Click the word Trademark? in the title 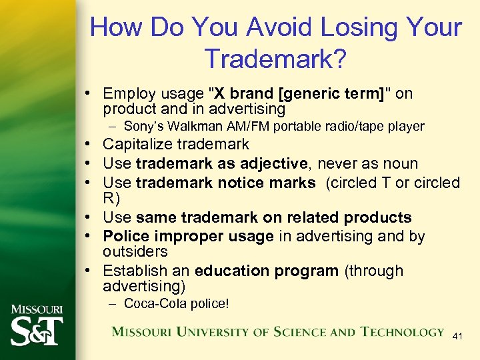click(x=275, y=59)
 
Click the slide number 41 click(x=457, y=337)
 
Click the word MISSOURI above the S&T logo click(x=37, y=309)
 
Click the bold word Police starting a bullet click(x=124, y=237)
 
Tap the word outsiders click(x=135, y=251)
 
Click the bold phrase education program click(x=267, y=271)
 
